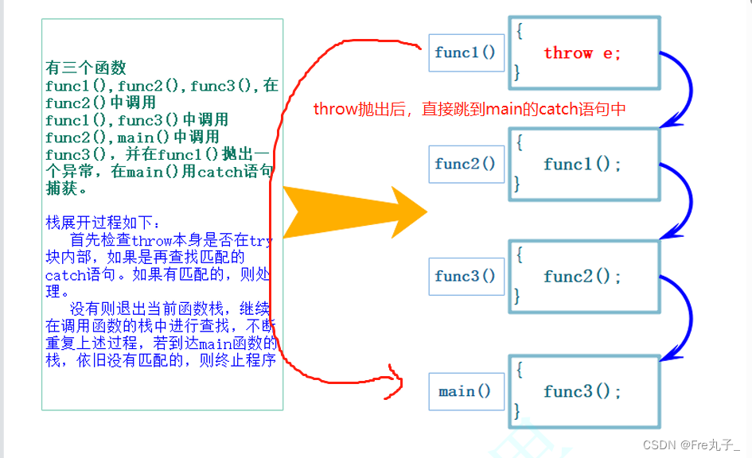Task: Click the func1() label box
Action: (466, 53)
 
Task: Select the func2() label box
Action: (466, 165)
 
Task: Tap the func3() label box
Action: (466, 277)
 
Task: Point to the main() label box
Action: (466, 391)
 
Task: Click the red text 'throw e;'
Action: (582, 53)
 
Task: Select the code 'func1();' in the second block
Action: (582, 165)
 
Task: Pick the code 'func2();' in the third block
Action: (582, 277)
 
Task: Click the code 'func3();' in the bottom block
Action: (582, 391)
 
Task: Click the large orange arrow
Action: (350, 212)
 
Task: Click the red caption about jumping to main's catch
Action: (470, 109)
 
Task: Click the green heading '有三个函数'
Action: (86, 69)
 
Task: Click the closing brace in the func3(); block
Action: (517, 411)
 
